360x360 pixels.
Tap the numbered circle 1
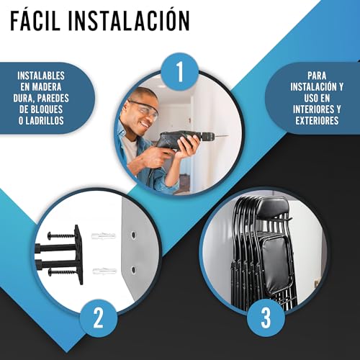(x=180, y=71)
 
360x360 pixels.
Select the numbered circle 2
(x=99, y=318)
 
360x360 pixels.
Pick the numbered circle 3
(x=266, y=318)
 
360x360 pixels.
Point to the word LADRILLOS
(x=45, y=120)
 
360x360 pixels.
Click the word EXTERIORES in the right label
(x=317, y=120)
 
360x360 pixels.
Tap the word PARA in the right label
(x=317, y=76)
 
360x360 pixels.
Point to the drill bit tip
(x=228, y=136)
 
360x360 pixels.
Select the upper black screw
(x=62, y=235)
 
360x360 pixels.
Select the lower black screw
(x=63, y=272)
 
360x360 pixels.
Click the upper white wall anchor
(x=104, y=236)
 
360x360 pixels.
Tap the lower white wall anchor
(x=104, y=271)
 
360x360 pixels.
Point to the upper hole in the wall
(x=132, y=235)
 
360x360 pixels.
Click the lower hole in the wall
(x=133, y=270)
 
